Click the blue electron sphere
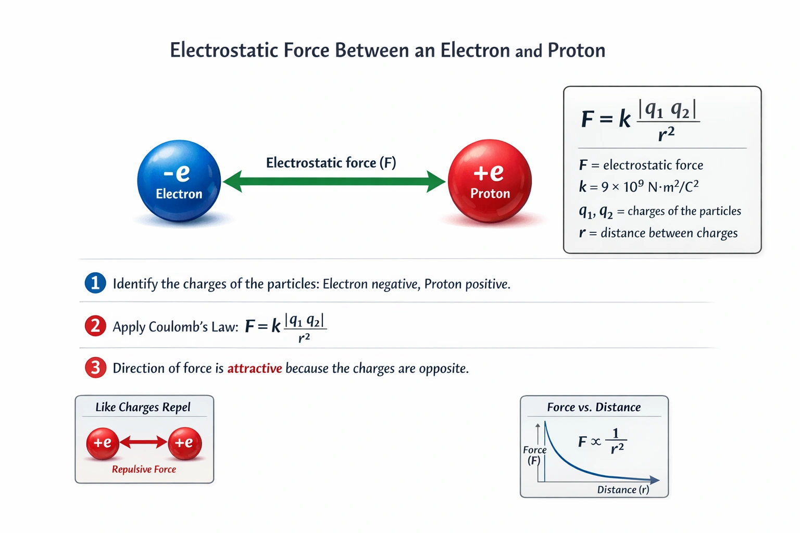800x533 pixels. click(179, 181)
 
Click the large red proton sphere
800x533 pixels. click(490, 181)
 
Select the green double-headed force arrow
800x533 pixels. click(333, 182)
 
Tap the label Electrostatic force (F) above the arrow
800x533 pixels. click(331, 163)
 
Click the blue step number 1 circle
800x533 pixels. click(95, 283)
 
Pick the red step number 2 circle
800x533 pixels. click(95, 326)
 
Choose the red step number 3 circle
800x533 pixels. click(95, 368)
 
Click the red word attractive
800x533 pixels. click(254, 369)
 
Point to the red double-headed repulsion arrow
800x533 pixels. click(143, 442)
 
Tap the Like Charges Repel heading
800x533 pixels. click(143, 407)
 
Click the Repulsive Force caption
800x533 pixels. click(144, 469)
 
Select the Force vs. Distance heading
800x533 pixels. click(594, 408)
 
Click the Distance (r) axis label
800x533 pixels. click(623, 490)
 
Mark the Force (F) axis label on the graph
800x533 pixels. click(534, 455)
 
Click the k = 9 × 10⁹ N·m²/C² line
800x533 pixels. click(639, 186)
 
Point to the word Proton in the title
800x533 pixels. click(576, 50)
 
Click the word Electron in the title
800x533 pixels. click(475, 50)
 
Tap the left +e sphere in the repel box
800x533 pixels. click(103, 443)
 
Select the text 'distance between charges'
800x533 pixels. click(669, 233)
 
